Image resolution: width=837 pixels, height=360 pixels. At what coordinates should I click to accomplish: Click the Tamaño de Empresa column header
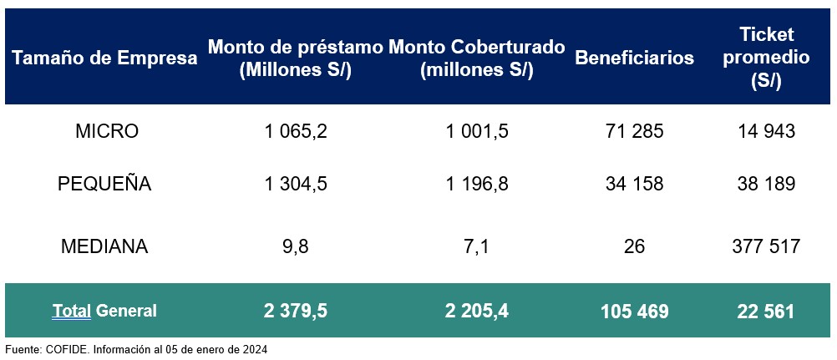coord(105,58)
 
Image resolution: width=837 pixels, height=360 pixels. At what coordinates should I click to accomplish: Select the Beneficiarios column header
coord(634,58)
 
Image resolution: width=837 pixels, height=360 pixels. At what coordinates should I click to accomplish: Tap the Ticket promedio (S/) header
coord(767,58)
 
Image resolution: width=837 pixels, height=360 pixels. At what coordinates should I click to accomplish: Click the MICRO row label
coord(106,131)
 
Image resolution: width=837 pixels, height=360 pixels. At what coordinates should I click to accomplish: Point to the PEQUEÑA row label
coord(105,185)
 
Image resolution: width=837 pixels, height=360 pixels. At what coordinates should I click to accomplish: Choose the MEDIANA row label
coord(105,246)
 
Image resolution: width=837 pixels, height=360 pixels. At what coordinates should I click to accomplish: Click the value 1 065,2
coord(295,131)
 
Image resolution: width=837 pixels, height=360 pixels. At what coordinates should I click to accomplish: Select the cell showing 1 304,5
coord(295,185)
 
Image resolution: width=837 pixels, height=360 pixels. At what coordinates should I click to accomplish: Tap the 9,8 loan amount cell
coord(295,246)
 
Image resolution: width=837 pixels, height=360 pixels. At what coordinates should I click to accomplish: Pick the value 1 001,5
coord(476,131)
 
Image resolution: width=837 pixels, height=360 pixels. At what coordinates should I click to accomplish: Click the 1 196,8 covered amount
coord(476,185)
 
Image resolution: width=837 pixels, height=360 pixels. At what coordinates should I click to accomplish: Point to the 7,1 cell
coord(476,246)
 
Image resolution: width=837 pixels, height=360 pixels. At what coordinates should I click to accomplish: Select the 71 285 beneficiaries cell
coord(634,131)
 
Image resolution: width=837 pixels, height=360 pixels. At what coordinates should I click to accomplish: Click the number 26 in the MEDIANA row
coord(634,246)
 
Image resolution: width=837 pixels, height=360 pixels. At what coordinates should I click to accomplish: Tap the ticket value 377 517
coord(766,246)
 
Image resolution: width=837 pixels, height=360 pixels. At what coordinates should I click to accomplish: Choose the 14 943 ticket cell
coord(766,131)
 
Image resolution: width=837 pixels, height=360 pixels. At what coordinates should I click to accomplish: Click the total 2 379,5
coord(295,312)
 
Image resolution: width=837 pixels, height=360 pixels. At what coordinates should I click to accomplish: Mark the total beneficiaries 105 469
coord(634,312)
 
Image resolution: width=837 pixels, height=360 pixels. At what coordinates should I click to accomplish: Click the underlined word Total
coord(72,312)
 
